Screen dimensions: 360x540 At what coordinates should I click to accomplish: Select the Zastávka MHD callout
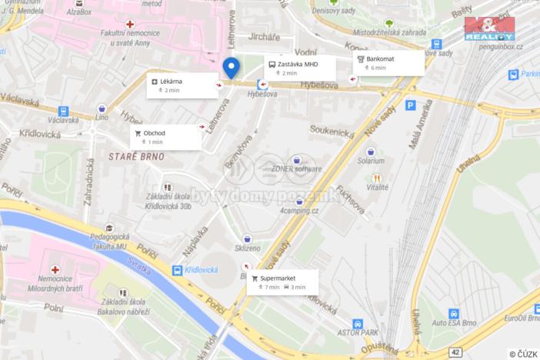299,68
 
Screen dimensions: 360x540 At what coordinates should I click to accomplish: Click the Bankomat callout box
389,63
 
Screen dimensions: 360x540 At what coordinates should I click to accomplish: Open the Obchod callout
165,137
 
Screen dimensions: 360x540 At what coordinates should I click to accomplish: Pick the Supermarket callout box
282,282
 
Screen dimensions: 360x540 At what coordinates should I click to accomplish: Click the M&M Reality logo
488,27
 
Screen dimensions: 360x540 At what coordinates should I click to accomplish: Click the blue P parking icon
410,105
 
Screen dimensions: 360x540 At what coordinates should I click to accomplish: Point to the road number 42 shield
455,352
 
